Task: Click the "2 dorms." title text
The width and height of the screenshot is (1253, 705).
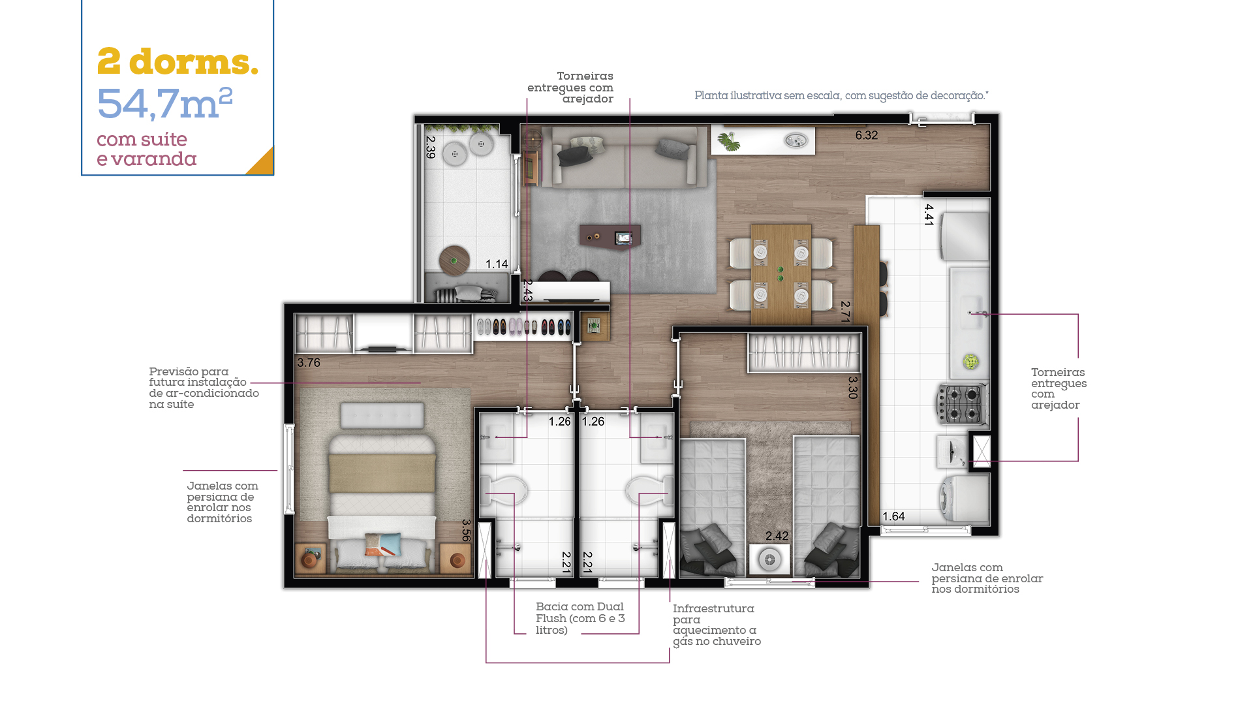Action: [178, 62]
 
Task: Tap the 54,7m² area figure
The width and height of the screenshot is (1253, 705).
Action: [164, 104]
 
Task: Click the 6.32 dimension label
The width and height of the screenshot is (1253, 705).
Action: [867, 135]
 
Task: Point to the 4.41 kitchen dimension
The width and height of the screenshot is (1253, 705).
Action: [929, 215]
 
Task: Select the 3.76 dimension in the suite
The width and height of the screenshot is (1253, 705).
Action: [309, 362]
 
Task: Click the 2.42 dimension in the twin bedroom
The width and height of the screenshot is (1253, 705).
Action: [777, 536]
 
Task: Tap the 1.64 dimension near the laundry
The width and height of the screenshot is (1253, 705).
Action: [893, 516]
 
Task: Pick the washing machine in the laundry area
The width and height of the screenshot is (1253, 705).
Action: [963, 499]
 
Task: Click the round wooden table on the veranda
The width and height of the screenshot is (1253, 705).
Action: [454, 260]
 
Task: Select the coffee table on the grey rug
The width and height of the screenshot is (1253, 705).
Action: [610, 236]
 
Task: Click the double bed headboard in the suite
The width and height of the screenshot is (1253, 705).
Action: [382, 416]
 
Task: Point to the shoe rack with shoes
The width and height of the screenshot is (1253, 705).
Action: [523, 326]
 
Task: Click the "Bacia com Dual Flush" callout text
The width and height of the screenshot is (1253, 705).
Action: [580, 618]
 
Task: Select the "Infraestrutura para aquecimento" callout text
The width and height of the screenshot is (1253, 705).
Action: [717, 625]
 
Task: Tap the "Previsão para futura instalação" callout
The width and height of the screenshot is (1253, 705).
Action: [204, 388]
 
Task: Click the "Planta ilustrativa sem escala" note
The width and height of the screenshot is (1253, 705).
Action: [841, 96]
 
